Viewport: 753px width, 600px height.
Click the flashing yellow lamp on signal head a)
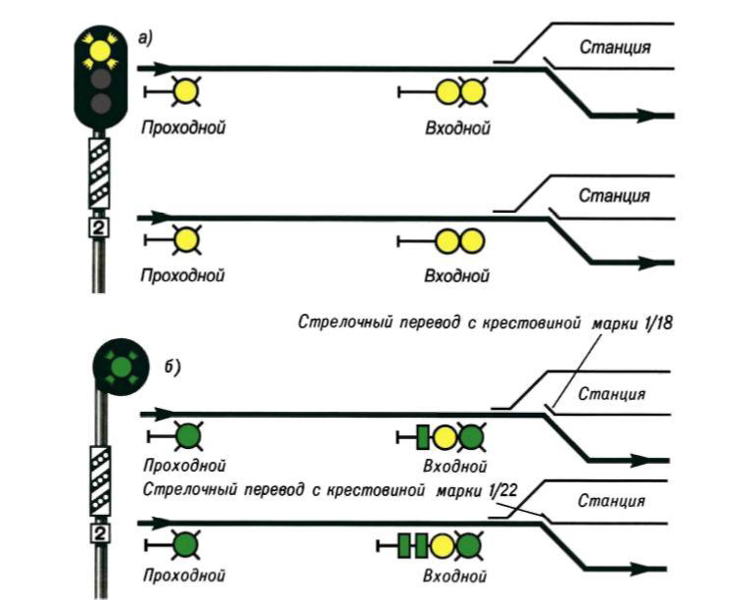tap(98, 49)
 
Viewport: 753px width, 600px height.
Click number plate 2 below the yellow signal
tap(98, 227)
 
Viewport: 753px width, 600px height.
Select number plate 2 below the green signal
tap(100, 532)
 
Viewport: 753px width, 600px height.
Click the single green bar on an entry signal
tap(423, 436)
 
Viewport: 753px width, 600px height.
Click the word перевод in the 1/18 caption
tap(424, 322)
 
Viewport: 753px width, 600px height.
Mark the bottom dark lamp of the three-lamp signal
tap(98, 103)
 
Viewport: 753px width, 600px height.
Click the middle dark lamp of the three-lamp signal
tap(98, 77)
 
